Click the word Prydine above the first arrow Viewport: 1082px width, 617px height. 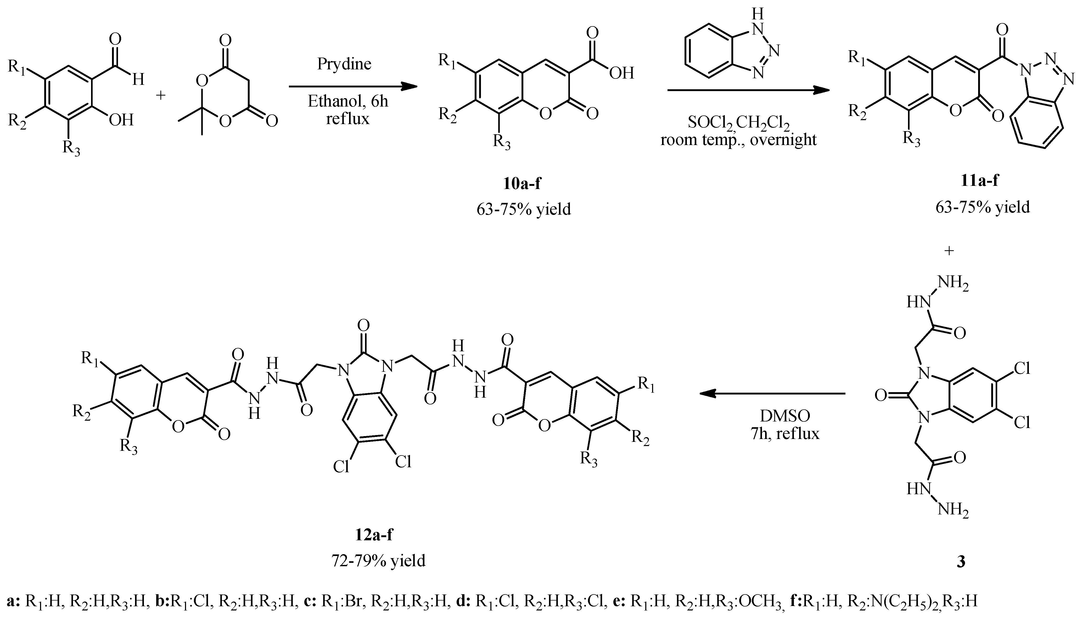point(344,64)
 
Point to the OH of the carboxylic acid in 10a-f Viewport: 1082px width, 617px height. point(621,73)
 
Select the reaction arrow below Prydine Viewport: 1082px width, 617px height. point(353,87)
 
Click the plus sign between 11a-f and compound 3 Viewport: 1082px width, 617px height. point(949,251)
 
